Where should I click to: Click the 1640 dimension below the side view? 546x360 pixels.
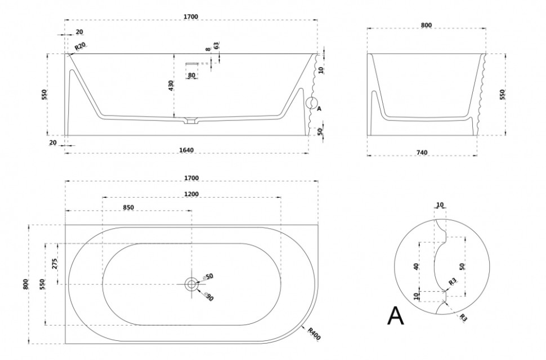pos(186,150)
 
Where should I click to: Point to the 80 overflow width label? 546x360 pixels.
pos(191,75)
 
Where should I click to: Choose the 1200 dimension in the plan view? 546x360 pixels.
pos(191,193)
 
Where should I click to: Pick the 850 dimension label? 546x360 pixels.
pos(128,207)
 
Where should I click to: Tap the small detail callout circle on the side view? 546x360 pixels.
pos(311,104)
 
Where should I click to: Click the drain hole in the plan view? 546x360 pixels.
pos(191,284)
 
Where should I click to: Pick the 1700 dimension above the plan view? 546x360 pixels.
pos(191,178)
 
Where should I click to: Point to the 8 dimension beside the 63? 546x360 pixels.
pos(208,49)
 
